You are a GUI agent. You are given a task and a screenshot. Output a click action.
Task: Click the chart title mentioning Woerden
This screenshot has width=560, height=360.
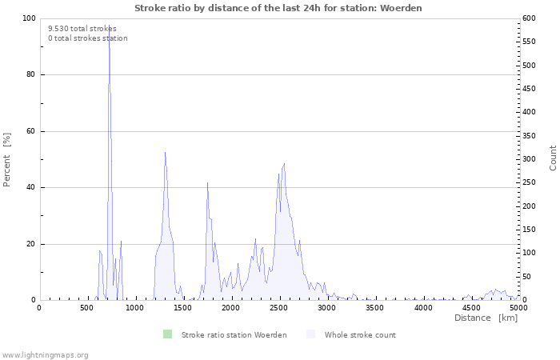(x=278, y=8)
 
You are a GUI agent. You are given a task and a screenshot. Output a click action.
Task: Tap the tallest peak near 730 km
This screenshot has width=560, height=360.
(x=109, y=26)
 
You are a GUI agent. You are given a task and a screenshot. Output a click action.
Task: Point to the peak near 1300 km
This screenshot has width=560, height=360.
(x=165, y=153)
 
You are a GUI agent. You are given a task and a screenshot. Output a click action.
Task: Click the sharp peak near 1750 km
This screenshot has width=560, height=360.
(x=207, y=183)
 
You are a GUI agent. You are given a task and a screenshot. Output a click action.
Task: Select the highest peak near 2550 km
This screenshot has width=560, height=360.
(x=284, y=163)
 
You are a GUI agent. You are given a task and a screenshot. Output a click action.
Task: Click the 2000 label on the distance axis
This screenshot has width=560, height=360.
(x=230, y=308)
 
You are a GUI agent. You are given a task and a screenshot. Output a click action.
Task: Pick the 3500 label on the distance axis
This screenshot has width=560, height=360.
(x=374, y=308)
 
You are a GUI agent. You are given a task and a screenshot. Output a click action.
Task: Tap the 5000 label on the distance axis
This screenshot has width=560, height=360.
(x=518, y=308)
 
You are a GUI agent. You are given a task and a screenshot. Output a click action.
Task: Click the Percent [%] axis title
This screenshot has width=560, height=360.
(x=6, y=160)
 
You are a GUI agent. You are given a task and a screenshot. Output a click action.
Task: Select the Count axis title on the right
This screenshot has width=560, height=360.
(x=553, y=158)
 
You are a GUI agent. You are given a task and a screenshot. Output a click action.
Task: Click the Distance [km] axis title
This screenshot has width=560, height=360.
(x=486, y=318)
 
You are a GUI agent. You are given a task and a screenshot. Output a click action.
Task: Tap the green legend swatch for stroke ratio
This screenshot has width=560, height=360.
(x=167, y=334)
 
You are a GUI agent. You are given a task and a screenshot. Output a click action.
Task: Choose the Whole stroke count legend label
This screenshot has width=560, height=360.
(x=360, y=335)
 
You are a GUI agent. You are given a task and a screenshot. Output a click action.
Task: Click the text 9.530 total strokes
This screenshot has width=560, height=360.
(x=82, y=29)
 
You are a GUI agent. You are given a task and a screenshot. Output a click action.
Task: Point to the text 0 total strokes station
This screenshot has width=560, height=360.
(x=88, y=38)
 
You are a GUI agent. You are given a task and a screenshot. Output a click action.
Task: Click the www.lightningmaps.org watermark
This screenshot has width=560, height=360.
(x=45, y=355)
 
